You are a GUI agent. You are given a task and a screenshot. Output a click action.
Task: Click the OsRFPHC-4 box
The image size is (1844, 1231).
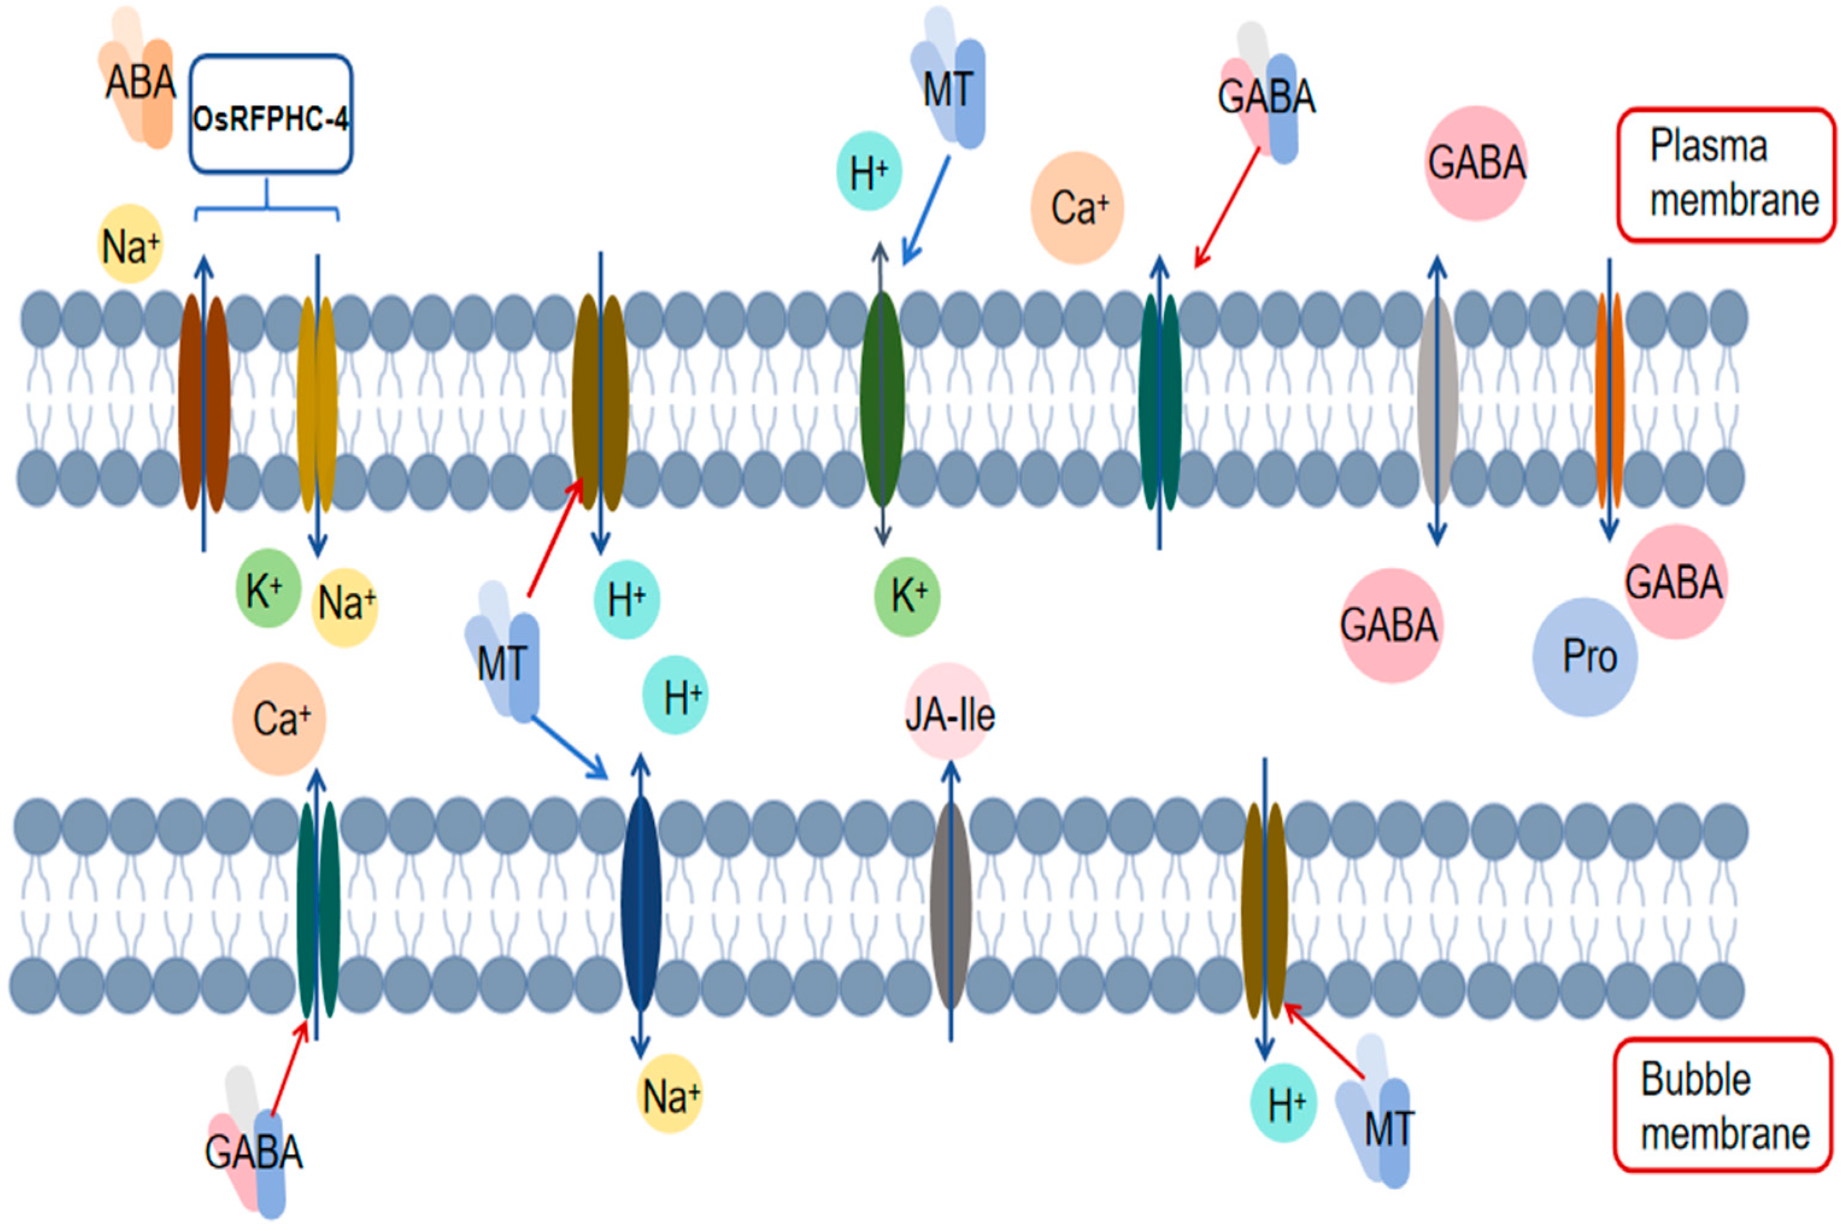point(270,114)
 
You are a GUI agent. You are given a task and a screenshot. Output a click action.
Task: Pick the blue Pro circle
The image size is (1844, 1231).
point(1585,657)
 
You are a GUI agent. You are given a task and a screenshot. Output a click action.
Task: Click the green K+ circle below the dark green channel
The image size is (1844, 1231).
point(907,597)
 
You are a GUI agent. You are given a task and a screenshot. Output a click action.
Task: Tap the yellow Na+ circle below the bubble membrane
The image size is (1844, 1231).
point(669,1095)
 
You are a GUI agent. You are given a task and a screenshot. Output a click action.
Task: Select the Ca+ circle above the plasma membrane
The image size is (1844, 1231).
point(1077,208)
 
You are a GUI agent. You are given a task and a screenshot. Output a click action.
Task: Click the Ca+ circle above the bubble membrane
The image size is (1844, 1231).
point(280,719)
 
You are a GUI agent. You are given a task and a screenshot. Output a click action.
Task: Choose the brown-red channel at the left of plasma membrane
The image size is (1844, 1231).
point(204,403)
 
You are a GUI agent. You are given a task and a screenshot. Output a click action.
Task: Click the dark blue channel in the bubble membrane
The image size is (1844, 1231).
point(641,903)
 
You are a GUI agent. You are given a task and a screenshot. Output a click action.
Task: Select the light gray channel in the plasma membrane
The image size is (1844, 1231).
point(1437,400)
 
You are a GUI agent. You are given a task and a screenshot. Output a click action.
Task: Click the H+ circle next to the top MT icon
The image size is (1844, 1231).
point(868,171)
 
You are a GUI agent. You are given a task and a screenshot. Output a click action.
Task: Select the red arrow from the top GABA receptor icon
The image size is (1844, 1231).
point(1227,208)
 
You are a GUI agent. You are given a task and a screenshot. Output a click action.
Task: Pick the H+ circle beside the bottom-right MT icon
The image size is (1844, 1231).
point(1283,1103)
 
